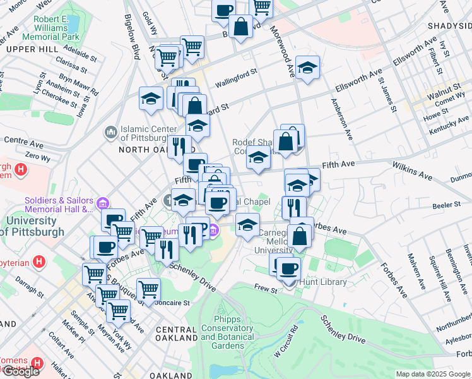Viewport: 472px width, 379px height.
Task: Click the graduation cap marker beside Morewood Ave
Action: (307, 68)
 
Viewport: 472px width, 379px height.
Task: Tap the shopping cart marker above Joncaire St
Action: (148, 290)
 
